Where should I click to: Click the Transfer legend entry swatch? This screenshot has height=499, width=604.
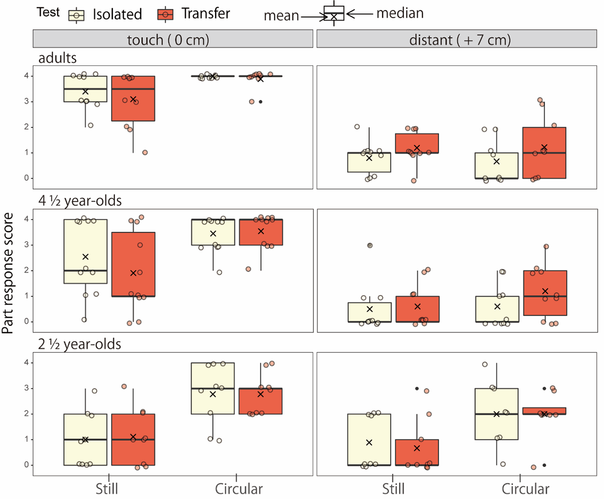(x=165, y=15)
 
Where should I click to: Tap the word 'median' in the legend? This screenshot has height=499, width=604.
(x=400, y=14)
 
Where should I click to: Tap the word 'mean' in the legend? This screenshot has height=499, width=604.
(x=281, y=16)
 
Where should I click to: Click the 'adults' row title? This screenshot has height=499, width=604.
(x=57, y=58)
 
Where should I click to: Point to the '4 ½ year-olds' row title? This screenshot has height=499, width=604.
(x=80, y=201)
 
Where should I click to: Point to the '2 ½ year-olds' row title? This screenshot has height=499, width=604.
(x=79, y=344)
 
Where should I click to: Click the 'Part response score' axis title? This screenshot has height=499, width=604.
(x=8, y=273)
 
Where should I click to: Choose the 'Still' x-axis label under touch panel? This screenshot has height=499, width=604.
(x=107, y=489)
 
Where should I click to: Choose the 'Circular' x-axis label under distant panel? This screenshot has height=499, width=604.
(x=525, y=489)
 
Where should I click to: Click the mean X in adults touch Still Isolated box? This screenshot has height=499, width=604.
(x=85, y=92)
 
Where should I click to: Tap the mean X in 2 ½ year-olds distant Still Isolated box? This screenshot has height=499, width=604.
(x=369, y=443)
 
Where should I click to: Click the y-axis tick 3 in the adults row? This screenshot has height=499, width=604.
(x=26, y=101)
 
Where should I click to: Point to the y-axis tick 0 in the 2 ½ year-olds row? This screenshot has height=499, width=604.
(x=26, y=465)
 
